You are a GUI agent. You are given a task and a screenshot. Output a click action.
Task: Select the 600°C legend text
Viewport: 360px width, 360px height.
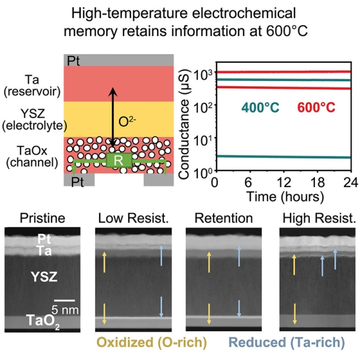pyautogui.click(x=314, y=108)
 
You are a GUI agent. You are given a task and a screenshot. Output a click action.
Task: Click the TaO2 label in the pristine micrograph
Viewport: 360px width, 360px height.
pyautogui.click(x=41, y=324)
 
